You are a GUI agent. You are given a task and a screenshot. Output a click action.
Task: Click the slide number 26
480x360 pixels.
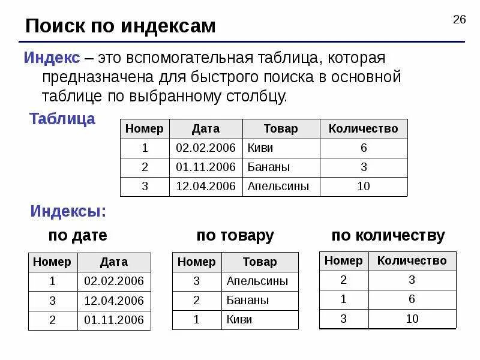pos(459,20)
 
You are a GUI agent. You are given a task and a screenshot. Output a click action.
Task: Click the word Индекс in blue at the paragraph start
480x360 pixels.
pos(52,58)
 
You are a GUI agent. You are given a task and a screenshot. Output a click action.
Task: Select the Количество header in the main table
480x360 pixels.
pos(364,129)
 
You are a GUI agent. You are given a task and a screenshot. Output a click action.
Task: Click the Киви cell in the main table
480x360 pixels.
pos(260,148)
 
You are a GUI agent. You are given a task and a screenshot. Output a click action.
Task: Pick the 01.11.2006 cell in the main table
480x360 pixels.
pos(206,167)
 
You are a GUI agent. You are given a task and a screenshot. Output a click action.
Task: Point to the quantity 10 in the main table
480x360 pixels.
pos(364,187)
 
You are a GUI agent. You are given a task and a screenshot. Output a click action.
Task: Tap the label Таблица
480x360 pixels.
pos(62,119)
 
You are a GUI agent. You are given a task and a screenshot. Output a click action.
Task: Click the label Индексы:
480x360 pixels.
pos(68,212)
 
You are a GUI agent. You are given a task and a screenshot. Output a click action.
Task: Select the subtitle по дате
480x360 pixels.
pos(77,236)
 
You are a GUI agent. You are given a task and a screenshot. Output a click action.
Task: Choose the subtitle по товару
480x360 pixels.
pos(235,236)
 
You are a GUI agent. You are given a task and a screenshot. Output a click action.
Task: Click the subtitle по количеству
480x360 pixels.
pos(388,236)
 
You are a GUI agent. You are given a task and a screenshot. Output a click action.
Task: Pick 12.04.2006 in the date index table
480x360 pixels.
pos(114,301)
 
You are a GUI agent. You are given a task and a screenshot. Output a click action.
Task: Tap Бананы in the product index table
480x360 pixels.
pos(247,301)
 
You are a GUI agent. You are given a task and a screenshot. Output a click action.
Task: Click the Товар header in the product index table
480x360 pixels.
pos(260,262)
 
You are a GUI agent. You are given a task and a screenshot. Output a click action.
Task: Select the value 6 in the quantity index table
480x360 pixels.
pos(412,299)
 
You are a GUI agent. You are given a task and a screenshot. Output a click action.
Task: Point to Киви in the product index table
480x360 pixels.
pos(239,320)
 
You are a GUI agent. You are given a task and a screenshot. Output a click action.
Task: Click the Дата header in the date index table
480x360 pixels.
pos(114,262)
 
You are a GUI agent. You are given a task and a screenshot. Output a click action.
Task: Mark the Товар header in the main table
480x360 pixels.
pos(281,129)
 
